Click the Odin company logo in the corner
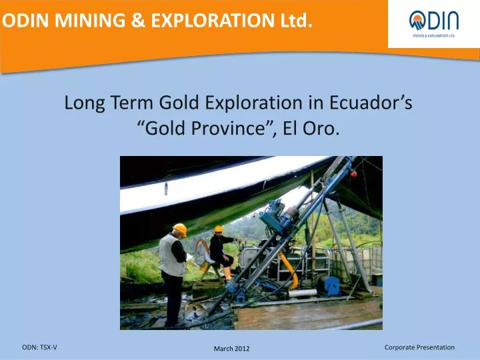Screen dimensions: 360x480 [x=433, y=24]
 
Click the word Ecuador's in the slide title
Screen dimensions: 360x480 [x=371, y=103]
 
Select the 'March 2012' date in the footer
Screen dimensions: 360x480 [x=232, y=349]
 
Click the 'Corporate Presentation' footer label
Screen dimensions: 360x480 [x=419, y=347]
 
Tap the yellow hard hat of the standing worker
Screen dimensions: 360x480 [x=179, y=229]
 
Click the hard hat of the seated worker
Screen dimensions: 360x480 [x=218, y=229]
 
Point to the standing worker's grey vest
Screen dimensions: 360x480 [x=171, y=255]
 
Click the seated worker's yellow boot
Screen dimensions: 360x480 [x=228, y=273]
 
